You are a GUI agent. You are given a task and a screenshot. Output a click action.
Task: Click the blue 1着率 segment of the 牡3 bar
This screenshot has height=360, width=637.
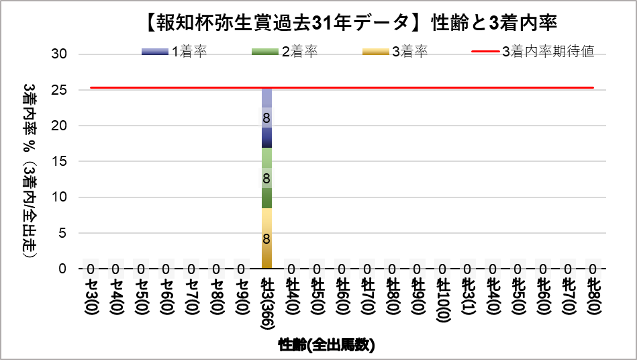coord(266,118)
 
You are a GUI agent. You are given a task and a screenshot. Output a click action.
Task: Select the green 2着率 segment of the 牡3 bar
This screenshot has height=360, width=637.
coord(266,178)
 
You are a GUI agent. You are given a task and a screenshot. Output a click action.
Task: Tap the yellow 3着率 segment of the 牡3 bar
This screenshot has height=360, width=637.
coord(266,238)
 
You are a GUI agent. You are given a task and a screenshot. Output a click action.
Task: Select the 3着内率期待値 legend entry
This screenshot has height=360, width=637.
coord(533,52)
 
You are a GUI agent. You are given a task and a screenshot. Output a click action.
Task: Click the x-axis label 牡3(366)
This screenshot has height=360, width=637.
coord(266,302)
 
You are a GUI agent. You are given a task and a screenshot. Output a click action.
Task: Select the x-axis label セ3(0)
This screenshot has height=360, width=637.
coord(91,296)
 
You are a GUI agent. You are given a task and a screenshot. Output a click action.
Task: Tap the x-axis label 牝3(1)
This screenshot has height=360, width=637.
coord(468,296)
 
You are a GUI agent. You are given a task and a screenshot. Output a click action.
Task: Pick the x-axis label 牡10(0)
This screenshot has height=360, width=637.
coord(442,299)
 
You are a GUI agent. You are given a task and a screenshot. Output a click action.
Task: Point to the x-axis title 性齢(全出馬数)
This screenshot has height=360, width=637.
coord(326,345)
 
